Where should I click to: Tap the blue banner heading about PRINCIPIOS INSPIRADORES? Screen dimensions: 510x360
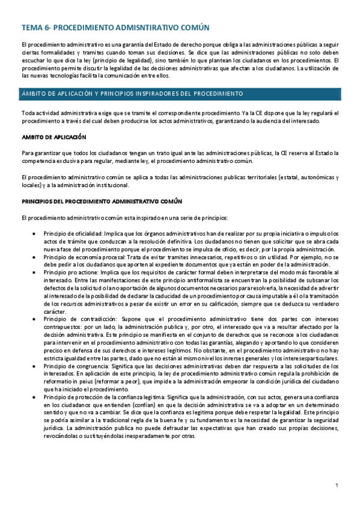pos(132,94)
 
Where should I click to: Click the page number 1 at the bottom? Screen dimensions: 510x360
pos(337,485)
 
